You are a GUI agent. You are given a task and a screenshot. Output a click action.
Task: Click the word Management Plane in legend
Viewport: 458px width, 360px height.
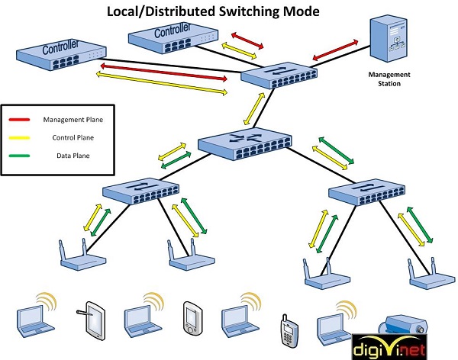point(73,120)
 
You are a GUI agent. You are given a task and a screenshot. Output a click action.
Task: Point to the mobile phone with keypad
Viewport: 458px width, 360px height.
point(288,326)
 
